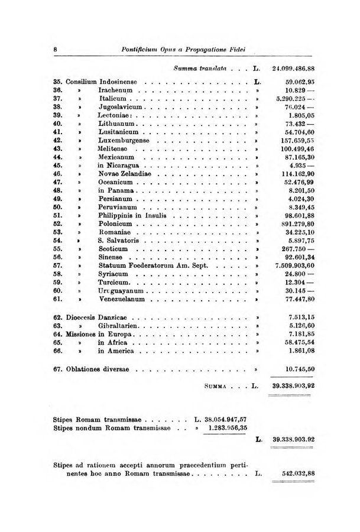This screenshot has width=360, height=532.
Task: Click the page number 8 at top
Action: pyautogui.click(x=55, y=50)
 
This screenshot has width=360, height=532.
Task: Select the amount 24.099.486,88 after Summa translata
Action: pyautogui.click(x=302, y=69)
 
